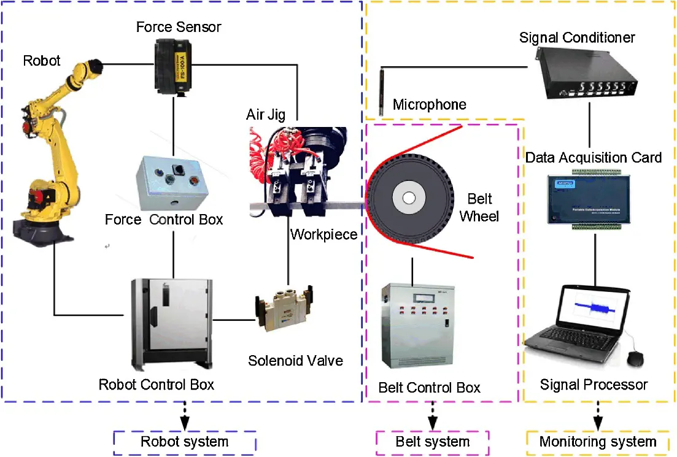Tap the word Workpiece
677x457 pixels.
[323, 234]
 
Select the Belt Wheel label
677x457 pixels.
[479, 208]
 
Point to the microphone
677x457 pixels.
[381, 92]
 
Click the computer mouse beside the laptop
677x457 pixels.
[636, 357]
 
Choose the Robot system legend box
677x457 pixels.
[185, 442]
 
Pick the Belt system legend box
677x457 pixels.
[432, 442]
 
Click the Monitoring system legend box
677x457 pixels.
[598, 442]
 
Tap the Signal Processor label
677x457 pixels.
[593, 385]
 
